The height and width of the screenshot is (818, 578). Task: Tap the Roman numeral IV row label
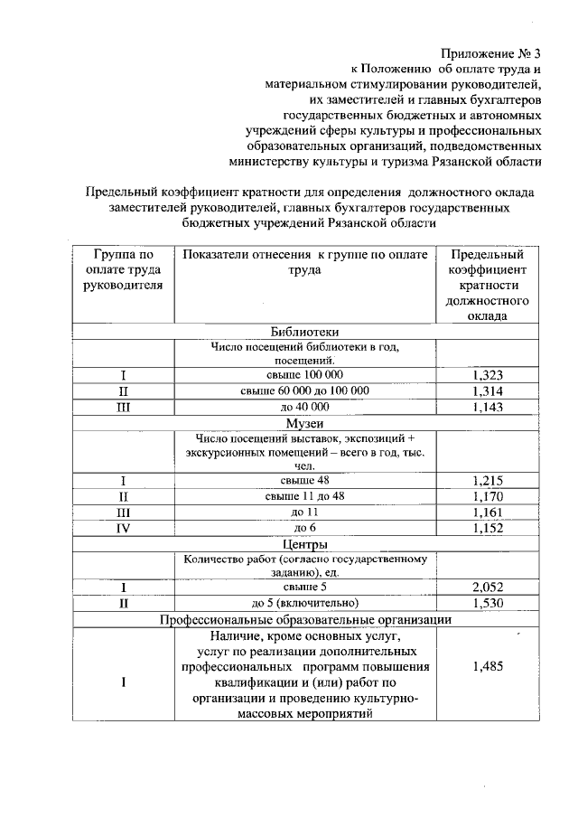click(121, 529)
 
